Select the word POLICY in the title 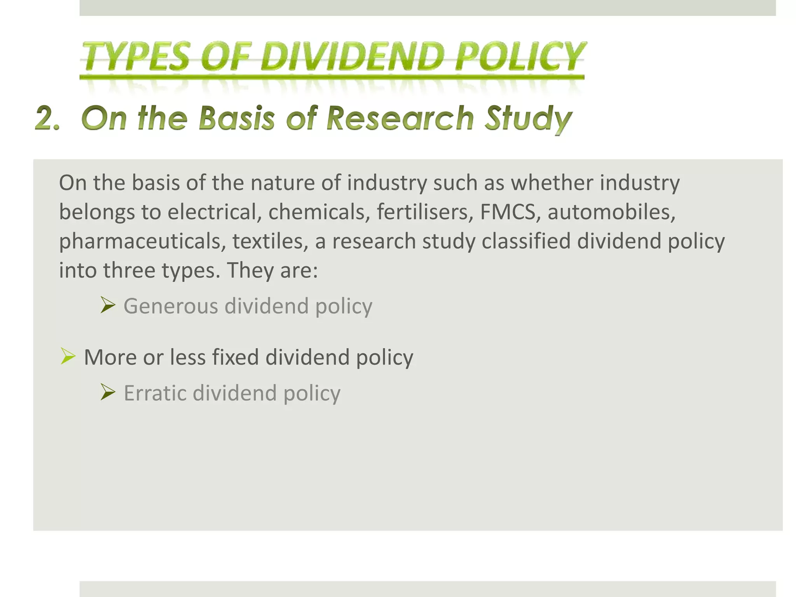(x=520, y=57)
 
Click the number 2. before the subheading (x=48, y=118)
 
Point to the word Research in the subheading (x=400, y=118)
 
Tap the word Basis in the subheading (x=237, y=118)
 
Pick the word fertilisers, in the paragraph (x=425, y=212)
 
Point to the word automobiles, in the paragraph (x=611, y=212)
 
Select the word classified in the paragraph (x=526, y=241)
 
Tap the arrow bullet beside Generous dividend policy (x=108, y=305)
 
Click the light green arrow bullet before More (x=68, y=356)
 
